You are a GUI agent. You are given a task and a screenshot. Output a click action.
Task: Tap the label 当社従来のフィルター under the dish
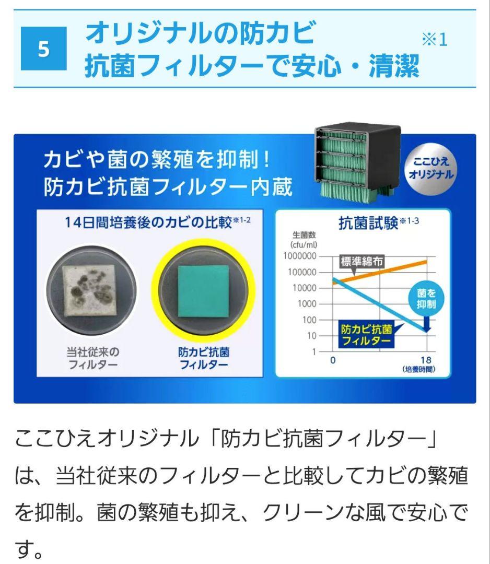[x=92, y=358]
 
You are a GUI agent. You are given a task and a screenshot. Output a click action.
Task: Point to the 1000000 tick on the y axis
[x=300, y=256]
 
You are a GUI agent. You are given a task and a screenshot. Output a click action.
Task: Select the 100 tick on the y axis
[x=309, y=320]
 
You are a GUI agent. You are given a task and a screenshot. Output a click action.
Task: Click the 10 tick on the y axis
[x=312, y=335]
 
